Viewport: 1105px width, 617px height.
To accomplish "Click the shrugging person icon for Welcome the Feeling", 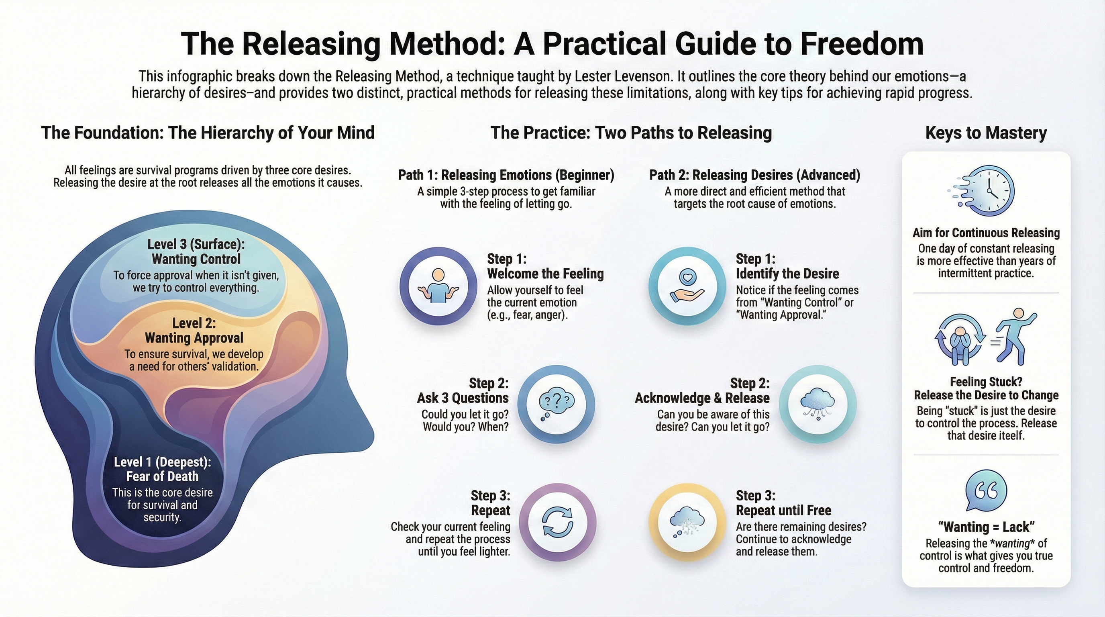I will pos(438,286).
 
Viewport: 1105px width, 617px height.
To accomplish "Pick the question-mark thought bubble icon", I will pos(556,404).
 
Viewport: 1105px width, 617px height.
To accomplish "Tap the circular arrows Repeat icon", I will pos(557,522).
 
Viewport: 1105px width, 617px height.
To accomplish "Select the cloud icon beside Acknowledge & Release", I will pos(817,404).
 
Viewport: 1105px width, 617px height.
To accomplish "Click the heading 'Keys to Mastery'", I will pos(986,133).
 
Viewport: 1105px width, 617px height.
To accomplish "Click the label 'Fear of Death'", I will pos(162,476).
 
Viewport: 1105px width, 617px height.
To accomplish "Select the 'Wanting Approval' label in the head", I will pos(194,338).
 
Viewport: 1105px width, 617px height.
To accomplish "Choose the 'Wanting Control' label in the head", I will pos(196,259).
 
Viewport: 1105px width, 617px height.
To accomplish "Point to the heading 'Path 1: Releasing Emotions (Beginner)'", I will pos(506,175).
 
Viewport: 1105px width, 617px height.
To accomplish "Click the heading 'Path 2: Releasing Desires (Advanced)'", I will pos(754,175).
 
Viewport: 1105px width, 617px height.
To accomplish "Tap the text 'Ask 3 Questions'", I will pos(463,398).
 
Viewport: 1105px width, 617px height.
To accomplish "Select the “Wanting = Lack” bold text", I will pos(986,527).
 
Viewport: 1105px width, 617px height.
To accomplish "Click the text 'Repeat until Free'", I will pos(783,510).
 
